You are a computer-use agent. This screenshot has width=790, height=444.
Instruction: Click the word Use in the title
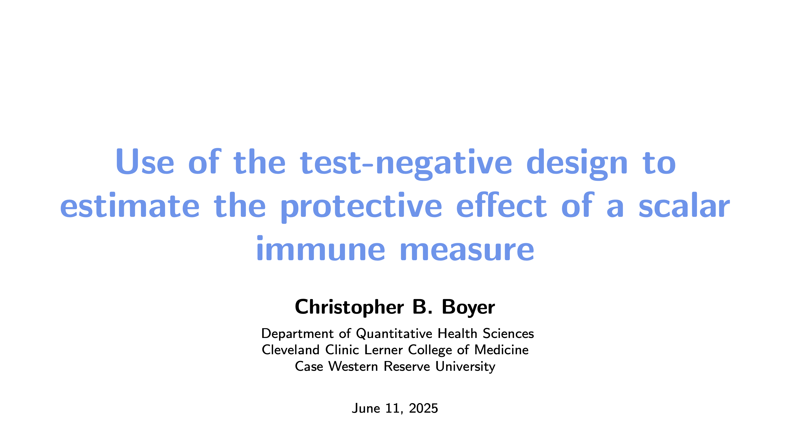(145, 161)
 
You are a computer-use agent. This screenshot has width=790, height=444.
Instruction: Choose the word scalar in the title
(684, 205)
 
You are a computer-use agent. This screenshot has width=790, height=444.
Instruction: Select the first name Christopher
(349, 307)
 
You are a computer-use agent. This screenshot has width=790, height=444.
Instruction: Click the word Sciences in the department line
(509, 333)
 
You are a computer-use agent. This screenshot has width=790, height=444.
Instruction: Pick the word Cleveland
(291, 350)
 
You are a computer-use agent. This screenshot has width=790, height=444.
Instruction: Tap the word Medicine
(501, 350)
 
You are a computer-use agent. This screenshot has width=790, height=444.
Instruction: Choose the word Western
(353, 366)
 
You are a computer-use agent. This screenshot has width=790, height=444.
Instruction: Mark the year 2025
(423, 408)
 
